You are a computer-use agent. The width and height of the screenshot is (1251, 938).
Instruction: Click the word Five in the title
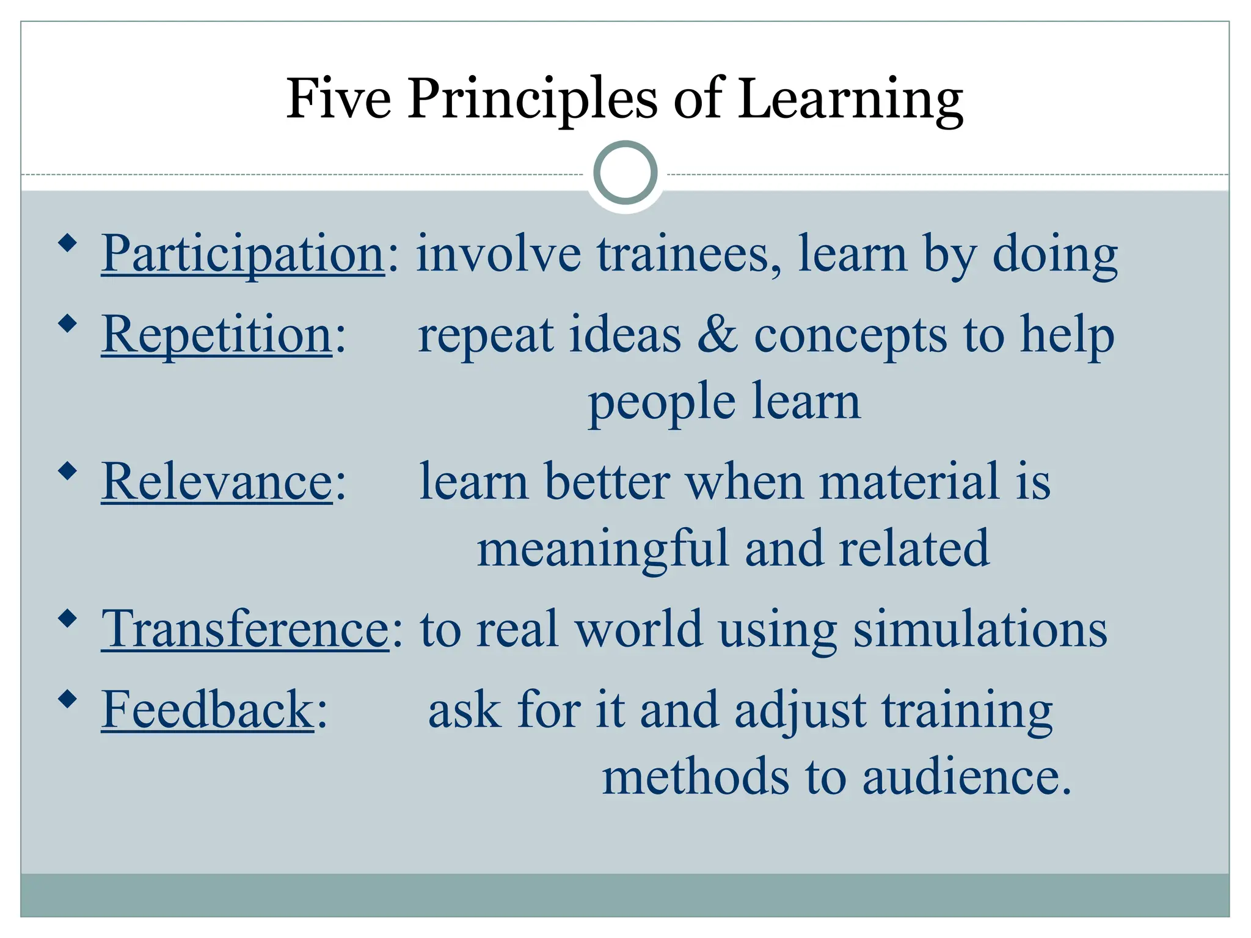(x=338, y=99)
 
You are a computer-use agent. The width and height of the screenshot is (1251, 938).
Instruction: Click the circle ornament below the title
(x=625, y=173)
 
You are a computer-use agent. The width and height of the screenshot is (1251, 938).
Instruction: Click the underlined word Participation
(x=243, y=254)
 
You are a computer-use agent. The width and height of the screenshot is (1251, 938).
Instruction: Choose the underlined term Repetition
(x=217, y=335)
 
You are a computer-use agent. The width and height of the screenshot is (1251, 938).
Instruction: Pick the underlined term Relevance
(x=217, y=482)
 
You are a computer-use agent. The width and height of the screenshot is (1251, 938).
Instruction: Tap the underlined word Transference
(x=244, y=629)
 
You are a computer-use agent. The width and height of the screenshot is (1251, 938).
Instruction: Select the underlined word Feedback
(x=207, y=710)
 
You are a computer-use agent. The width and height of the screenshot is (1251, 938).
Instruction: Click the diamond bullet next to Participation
(x=68, y=244)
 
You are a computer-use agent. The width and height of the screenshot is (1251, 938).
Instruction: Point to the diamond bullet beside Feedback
(x=68, y=699)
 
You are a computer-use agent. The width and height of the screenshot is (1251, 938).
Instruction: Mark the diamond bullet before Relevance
(x=68, y=471)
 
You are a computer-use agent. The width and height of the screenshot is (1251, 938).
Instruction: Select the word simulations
(x=980, y=629)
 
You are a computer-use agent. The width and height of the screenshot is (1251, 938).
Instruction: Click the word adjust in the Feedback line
(x=800, y=711)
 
